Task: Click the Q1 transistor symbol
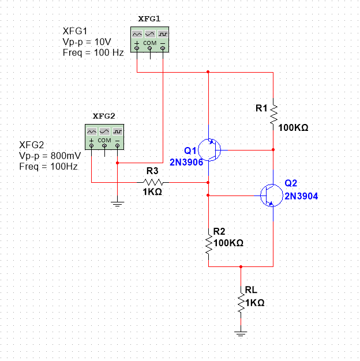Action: coord(208,149)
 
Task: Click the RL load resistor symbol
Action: coord(241,302)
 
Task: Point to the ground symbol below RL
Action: coord(241,333)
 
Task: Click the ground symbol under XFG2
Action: coord(117,203)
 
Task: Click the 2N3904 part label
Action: coord(301,196)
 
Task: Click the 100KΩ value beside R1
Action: coord(293,127)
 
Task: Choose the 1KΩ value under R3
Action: coord(152,192)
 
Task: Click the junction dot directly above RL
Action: coord(241,267)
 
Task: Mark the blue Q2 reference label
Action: coord(291,183)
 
